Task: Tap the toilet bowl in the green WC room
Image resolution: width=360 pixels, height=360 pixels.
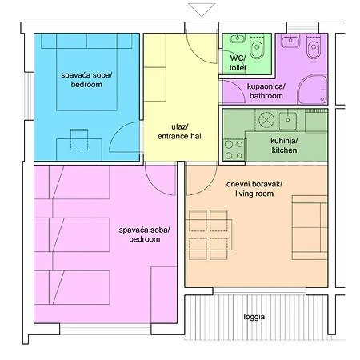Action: pos(257,46)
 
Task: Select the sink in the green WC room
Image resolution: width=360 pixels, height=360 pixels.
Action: pos(238,38)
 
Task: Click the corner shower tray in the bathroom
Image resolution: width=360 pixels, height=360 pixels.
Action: pos(312,90)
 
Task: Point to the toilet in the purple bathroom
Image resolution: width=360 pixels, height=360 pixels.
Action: pos(314,46)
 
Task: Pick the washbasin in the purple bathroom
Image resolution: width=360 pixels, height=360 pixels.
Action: pos(290,41)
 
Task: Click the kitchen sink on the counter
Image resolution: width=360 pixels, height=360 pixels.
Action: pos(288,121)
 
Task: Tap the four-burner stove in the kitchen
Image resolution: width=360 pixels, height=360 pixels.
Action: pos(234,150)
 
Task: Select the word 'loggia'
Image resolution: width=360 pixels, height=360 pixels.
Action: pos(254,317)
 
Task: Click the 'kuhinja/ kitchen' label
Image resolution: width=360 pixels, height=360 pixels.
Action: pos(284,146)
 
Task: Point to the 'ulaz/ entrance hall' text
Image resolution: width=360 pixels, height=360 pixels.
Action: pos(180,131)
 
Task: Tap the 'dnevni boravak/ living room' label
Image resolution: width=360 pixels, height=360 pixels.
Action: pos(254,189)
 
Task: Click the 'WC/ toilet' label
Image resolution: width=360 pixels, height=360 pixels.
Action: pos(238,63)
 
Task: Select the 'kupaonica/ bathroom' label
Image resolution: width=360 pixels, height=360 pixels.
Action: pos(266,91)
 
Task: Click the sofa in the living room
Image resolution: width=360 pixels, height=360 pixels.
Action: pos(310,227)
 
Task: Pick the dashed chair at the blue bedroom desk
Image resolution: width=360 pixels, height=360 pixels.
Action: pos(79,139)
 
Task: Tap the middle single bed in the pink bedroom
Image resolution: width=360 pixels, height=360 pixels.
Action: pos(72,234)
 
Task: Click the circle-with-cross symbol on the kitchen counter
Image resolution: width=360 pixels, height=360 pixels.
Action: pos(266,119)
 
